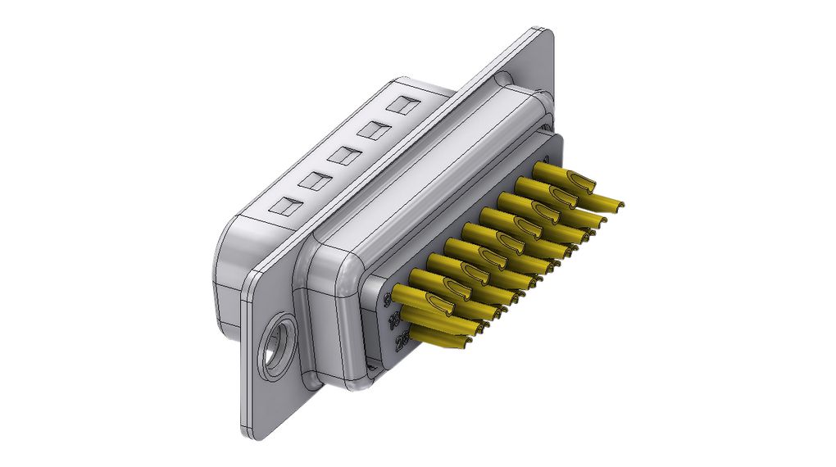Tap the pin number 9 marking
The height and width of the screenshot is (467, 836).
tap(388, 302)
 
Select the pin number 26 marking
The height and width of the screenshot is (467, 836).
tap(401, 342)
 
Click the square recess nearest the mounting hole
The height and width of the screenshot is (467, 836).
tap(285, 206)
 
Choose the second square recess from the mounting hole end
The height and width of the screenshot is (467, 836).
tap(314, 181)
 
